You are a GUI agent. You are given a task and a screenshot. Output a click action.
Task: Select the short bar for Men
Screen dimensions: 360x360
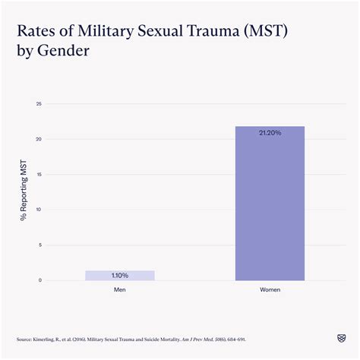coord(119,276)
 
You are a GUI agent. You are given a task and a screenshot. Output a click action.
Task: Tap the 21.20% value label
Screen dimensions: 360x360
coord(270,132)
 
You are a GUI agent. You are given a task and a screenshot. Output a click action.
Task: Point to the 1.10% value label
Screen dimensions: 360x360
coord(119,275)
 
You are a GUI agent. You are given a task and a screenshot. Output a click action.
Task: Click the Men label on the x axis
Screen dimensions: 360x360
coord(119,289)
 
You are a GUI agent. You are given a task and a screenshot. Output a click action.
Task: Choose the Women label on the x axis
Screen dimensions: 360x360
coord(270,289)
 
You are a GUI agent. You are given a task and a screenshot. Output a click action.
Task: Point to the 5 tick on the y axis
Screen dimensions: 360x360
coord(39,245)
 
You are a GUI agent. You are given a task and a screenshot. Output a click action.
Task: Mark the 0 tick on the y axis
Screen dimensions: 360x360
coord(39,280)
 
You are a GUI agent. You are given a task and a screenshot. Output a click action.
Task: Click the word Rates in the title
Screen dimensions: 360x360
coord(35,33)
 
